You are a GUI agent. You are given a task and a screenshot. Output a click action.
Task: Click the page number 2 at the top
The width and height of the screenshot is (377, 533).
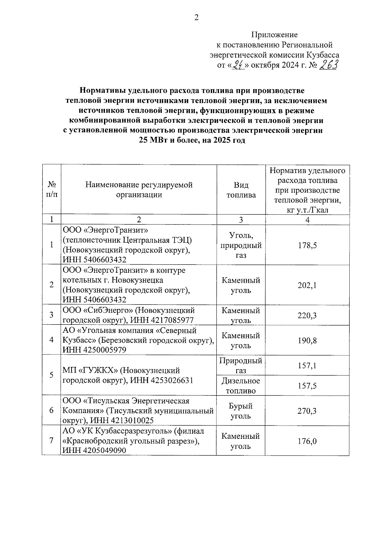[x=196, y=18]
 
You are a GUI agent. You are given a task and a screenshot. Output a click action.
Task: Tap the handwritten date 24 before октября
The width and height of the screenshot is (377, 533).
[x=238, y=66]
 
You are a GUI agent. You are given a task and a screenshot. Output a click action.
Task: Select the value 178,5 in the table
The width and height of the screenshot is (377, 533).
[x=307, y=245]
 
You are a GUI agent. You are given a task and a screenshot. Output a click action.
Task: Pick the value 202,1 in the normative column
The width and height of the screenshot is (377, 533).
[x=307, y=285]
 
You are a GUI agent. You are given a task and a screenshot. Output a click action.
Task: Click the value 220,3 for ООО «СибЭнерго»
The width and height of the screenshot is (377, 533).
[x=307, y=315]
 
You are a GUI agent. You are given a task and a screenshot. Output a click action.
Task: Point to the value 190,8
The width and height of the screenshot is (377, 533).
[x=307, y=340]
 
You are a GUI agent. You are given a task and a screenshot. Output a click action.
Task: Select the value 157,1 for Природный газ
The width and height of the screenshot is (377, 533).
[x=307, y=366]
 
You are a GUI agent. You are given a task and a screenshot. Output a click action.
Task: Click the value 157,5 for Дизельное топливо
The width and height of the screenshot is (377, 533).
[x=307, y=386]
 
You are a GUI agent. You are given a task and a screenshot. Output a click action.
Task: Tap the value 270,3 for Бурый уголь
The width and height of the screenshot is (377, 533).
[x=307, y=411]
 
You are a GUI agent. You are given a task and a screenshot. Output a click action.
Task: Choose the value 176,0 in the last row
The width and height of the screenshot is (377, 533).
[x=307, y=441]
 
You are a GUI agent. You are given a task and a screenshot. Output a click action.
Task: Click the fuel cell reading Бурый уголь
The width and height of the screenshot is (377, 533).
[x=241, y=411]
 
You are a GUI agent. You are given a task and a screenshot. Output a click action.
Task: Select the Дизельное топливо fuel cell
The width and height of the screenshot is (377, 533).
[x=241, y=386]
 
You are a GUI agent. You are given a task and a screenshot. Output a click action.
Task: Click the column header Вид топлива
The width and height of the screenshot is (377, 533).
[x=241, y=190]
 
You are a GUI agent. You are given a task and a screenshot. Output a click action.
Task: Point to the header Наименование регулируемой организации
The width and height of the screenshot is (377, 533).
[x=139, y=190]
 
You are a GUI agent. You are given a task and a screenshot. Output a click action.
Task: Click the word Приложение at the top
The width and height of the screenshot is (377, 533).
[x=274, y=35]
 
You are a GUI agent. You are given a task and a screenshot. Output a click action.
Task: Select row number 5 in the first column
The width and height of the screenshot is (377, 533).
[x=52, y=375]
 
